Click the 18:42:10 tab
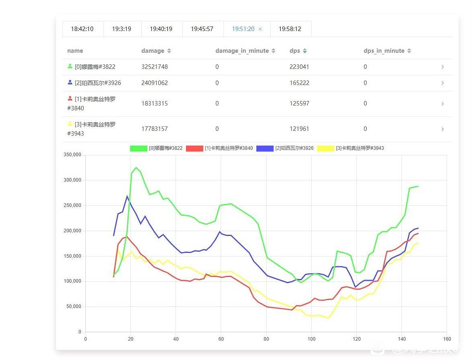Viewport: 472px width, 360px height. tap(82, 29)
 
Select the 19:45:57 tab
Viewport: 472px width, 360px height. tap(202, 29)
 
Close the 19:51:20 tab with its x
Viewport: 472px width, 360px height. tap(260, 29)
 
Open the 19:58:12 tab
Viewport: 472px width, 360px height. tap(290, 29)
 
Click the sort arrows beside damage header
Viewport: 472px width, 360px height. tap(169, 51)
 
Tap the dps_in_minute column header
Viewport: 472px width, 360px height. tap(384, 51)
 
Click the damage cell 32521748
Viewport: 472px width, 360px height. tap(155, 67)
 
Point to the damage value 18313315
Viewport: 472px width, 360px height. tap(155, 103)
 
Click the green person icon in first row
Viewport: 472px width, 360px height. tap(70, 66)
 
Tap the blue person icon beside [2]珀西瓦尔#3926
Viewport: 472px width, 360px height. tap(70, 83)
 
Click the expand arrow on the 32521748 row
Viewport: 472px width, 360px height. tap(442, 67)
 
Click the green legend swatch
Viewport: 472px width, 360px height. tap(138, 148)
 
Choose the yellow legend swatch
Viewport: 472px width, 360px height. tap(325, 148)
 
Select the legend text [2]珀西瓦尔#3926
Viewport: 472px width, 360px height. tap(294, 148)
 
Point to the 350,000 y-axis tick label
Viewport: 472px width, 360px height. tap(72, 155)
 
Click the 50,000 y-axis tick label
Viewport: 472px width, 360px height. tap(74, 307)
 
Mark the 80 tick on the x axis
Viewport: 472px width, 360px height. tap(266, 339)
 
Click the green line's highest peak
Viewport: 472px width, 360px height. tap(136, 168)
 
